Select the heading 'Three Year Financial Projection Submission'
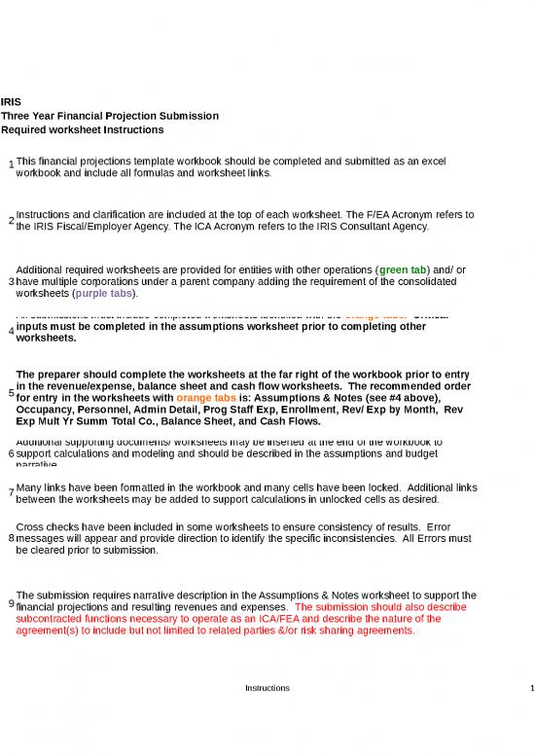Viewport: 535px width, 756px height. [x=110, y=116]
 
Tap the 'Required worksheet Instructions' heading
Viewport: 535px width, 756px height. [x=83, y=130]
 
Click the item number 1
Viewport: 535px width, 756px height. [x=10, y=163]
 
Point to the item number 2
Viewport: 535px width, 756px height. [x=10, y=220]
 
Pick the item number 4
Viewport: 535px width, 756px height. [x=10, y=332]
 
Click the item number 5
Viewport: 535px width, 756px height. [x=10, y=393]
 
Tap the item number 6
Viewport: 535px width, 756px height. [x=10, y=452]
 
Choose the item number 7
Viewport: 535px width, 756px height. [x=10, y=493]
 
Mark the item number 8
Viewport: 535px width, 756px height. [x=10, y=538]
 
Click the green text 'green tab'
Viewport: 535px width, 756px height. [x=407, y=270]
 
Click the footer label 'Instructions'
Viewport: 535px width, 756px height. [x=267, y=688]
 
